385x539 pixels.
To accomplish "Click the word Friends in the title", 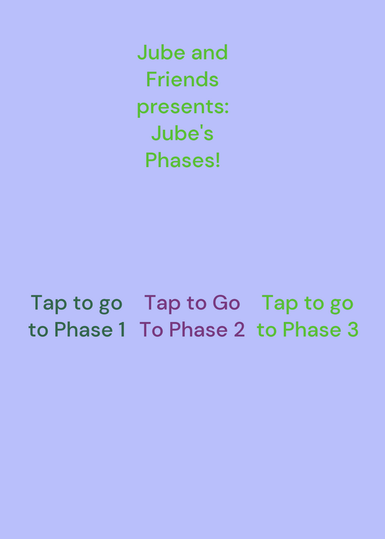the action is point(182,80).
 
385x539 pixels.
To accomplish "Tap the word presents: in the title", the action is point(183,108).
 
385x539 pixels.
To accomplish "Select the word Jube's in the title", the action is point(182,133).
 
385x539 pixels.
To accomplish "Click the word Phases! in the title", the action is point(182,160).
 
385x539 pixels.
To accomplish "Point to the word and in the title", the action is point(210,53).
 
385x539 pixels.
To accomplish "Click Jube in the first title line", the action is point(162,53).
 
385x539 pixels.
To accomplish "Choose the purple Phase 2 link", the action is point(192,316).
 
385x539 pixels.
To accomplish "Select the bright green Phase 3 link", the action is point(307,316).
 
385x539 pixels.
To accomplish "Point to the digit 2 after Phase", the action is point(239,329).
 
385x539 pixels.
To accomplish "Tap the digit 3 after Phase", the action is point(353,329).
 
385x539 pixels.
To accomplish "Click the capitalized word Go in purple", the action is point(227,303).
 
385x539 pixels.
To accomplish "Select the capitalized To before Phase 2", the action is point(152,329).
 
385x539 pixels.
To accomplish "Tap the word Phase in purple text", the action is point(198,329).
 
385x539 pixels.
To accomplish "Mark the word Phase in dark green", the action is point(84,329).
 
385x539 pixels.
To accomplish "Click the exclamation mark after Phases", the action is point(218,160).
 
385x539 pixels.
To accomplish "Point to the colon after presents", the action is point(227,108).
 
